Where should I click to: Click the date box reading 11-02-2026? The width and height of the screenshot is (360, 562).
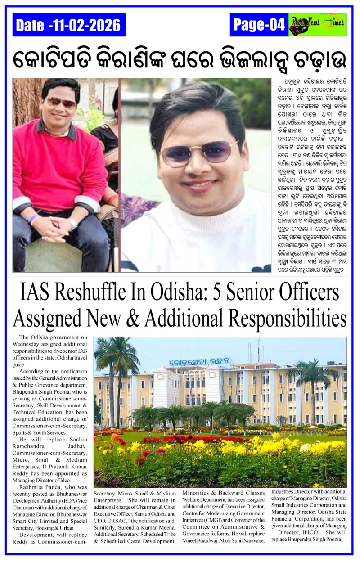coord(69,25)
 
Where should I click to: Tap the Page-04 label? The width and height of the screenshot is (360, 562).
coord(259,25)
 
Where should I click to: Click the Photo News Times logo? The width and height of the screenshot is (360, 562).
coord(318,25)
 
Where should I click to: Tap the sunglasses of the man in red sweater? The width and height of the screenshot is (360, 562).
coord(61,102)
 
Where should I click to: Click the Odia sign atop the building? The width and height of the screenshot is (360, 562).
coord(201,361)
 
